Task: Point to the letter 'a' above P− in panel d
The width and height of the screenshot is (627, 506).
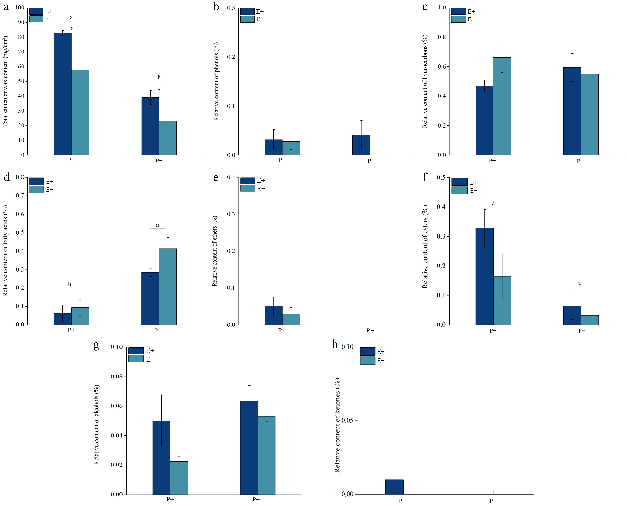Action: [157, 225]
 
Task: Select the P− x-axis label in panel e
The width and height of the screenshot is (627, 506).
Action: [370, 330]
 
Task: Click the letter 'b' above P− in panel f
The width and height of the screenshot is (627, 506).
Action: [580, 285]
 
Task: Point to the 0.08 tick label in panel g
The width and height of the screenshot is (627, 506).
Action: [117, 377]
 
